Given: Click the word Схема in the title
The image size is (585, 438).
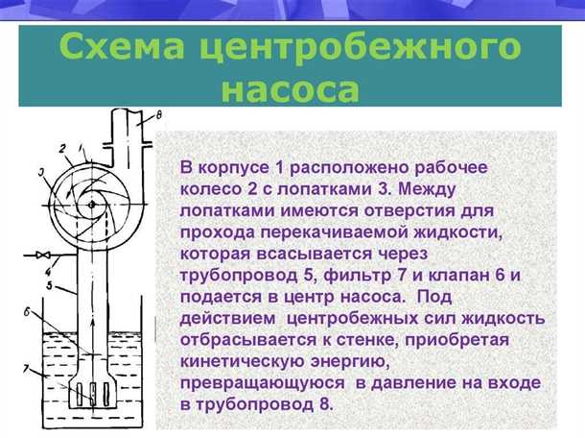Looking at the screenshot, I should click(x=115, y=47).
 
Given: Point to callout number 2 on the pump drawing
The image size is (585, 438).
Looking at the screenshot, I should click(x=61, y=148).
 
